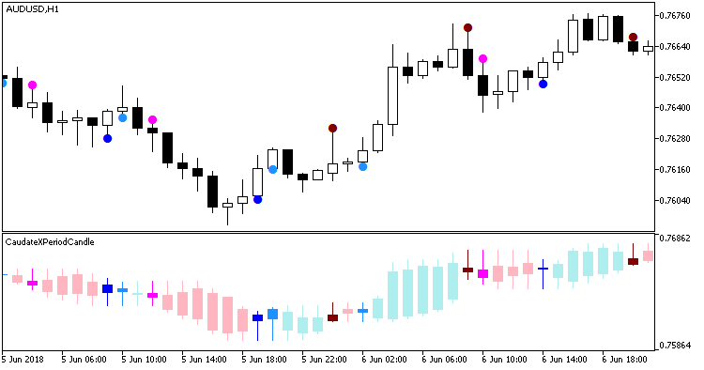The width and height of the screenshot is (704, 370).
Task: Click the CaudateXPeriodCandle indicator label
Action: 50,241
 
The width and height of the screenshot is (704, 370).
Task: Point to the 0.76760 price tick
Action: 681,16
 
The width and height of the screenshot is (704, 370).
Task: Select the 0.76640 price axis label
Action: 681,47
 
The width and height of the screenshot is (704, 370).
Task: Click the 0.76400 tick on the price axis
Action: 681,108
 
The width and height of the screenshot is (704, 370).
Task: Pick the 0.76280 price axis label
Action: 681,139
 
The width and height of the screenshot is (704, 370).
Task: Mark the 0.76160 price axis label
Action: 681,170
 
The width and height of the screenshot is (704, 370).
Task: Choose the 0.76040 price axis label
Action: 681,201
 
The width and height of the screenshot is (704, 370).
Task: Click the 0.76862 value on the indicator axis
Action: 681,239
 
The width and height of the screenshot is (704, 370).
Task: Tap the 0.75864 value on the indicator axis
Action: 681,346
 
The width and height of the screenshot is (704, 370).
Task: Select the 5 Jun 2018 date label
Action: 23,359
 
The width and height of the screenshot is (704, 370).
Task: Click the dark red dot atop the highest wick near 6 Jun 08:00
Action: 467,28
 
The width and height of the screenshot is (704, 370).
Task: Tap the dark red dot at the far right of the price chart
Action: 633,38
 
